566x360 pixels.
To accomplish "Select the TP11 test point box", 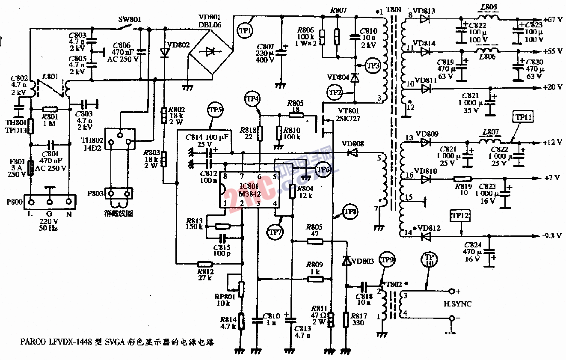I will pyautogui.click(x=522, y=117).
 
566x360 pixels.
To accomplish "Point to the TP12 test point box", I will pyautogui.click(x=460, y=216).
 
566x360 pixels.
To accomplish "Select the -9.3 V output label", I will pyautogui.click(x=552, y=236).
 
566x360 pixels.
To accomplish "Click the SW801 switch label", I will pyautogui.click(x=130, y=20).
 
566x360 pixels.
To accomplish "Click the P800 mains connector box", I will pyautogui.click(x=50, y=201).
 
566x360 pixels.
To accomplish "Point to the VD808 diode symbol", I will pyautogui.click(x=353, y=152).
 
